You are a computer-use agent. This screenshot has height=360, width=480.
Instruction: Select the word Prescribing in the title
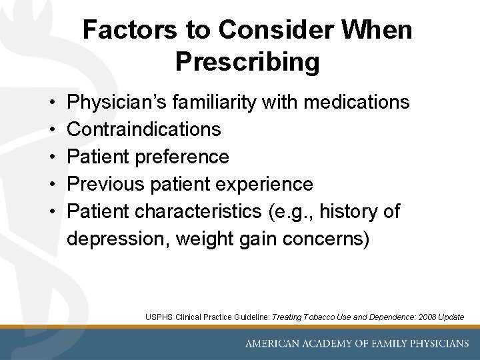coord(247,62)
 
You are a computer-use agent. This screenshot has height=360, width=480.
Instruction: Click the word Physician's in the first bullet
coord(119,102)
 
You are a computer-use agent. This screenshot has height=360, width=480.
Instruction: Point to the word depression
coord(118,239)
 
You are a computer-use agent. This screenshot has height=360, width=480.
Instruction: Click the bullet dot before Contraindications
coord(52,129)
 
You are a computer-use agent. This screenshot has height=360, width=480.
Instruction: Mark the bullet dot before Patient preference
coord(52,157)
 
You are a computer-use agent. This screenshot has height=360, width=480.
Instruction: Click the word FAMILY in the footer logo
coord(377,344)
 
